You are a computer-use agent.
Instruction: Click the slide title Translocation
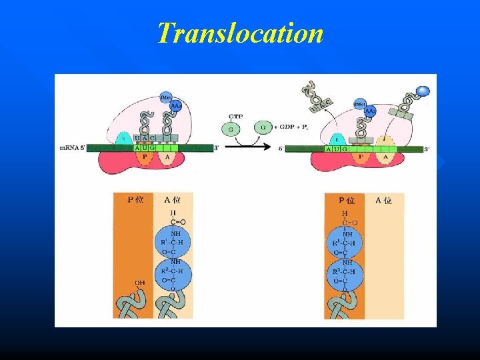click(x=240, y=33)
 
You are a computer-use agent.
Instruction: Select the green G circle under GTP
click(x=232, y=127)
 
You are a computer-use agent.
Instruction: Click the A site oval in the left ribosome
click(x=166, y=158)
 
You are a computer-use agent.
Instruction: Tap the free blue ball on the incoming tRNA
click(x=422, y=91)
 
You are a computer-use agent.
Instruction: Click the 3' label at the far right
click(x=426, y=149)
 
